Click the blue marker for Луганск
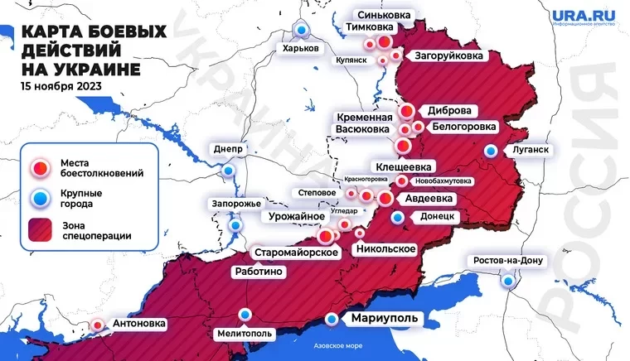click(492, 151)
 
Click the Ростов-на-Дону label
click(506, 262)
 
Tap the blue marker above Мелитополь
click(245, 314)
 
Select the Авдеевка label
click(428, 199)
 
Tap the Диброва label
click(450, 110)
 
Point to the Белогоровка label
click(465, 127)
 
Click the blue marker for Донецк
click(398, 217)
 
